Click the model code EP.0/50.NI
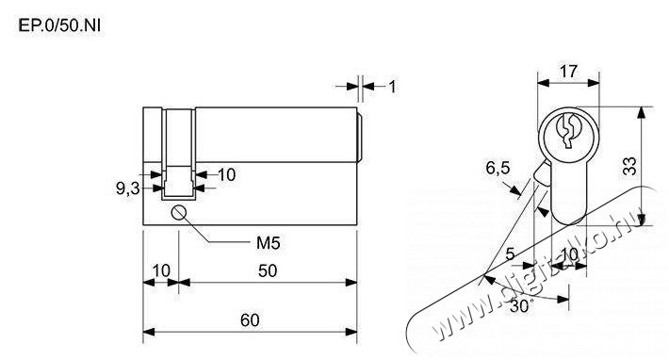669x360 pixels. pos(59,26)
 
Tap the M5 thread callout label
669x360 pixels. pos(268,243)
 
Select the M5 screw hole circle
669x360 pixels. pos(178,212)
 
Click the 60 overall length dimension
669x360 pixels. pos(250,319)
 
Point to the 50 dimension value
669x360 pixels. pos(268,270)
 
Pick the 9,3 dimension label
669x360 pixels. pos(128,188)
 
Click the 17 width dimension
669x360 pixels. pos(568,72)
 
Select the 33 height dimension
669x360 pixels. pos(629,167)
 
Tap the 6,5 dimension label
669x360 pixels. pos(498,168)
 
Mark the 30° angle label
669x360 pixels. pos(521,306)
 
